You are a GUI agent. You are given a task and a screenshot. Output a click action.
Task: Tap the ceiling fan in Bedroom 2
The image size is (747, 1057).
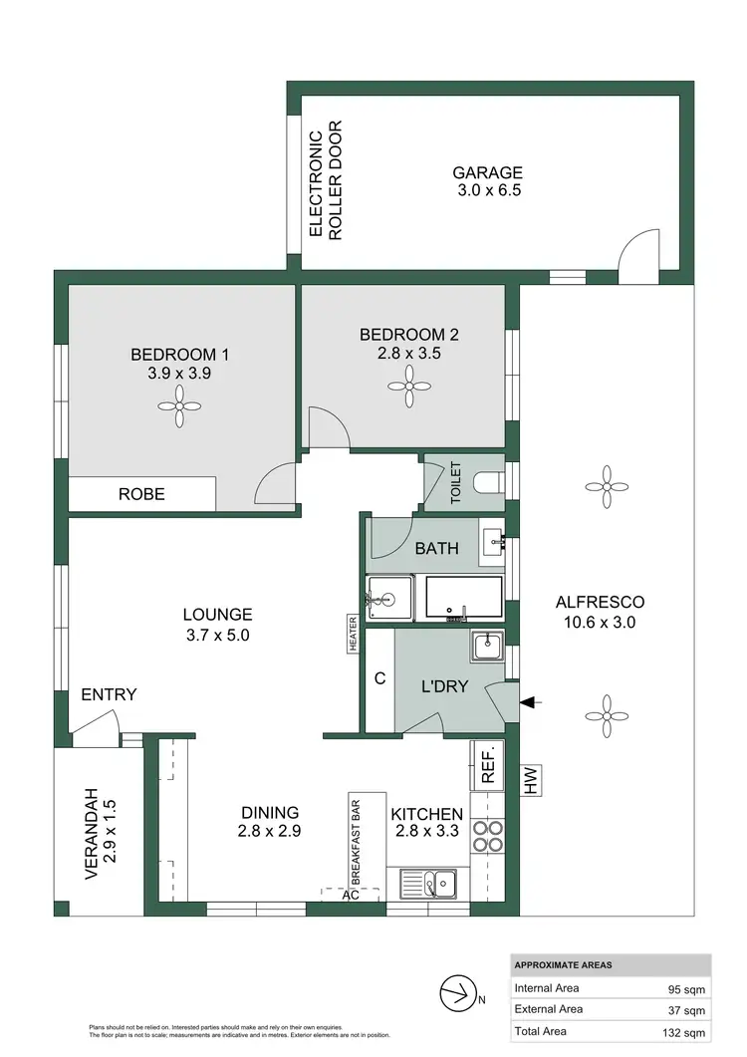coord(408,383)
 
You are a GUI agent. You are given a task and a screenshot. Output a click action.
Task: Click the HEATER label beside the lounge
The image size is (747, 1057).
coord(353,634)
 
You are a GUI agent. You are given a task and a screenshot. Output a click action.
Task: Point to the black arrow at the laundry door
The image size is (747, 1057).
coord(532,702)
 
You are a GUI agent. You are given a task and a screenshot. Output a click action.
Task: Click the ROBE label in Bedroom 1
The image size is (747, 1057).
coord(141,494)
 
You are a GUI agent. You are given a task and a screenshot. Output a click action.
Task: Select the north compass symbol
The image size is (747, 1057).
coord(459,992)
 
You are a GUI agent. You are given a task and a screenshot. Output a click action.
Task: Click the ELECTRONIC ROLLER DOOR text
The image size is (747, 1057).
coord(325,181)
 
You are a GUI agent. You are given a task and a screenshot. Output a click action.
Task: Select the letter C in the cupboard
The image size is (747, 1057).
coord(379,680)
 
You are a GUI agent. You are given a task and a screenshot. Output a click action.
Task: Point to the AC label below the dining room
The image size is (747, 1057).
coord(349,895)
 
